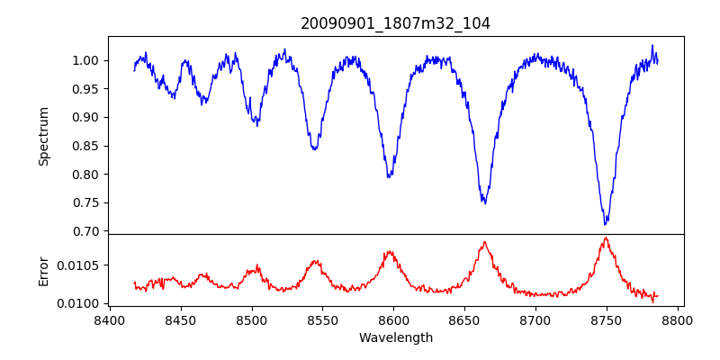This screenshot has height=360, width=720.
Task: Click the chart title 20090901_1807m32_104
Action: point(395,23)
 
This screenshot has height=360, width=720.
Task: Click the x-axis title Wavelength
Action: point(395,338)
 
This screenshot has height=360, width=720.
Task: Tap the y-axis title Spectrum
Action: point(44,136)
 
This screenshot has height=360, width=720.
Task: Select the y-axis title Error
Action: point(44,270)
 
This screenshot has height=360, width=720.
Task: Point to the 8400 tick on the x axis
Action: point(110,319)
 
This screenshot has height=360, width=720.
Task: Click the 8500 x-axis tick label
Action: point(252,319)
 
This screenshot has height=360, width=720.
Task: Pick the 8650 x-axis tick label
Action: point(464,319)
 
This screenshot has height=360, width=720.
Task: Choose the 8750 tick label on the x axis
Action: point(606,319)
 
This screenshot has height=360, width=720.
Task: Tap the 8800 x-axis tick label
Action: point(677,319)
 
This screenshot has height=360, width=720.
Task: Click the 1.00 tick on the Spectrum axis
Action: point(89,60)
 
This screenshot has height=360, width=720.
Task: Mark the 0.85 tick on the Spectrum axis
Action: point(89,146)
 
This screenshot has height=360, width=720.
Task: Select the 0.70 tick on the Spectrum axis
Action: point(89,231)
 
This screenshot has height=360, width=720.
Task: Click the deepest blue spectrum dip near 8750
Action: point(606,223)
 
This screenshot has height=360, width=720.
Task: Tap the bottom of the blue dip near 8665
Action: point(485,203)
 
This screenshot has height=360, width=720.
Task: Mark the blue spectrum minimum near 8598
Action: point(389,177)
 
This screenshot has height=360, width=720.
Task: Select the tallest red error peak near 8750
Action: point(606,238)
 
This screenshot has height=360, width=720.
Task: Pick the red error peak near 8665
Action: point(485,241)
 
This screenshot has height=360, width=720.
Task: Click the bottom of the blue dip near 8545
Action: point(314,149)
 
